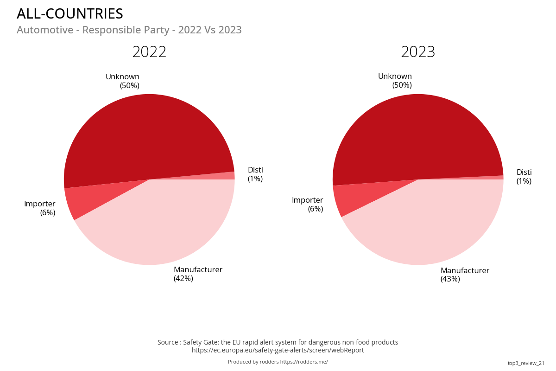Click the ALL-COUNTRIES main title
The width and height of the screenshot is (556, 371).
[70, 14]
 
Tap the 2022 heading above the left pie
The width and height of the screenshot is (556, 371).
[149, 52]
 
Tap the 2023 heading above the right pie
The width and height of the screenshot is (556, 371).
[418, 52]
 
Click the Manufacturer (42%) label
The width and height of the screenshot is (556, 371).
[198, 274]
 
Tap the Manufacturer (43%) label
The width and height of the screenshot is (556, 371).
[465, 275]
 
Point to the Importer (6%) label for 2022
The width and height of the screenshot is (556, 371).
[40, 208]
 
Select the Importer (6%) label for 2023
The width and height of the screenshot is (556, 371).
[308, 205]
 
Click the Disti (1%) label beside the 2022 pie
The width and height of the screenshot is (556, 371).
[255, 174]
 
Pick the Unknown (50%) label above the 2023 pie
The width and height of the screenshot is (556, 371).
[395, 81]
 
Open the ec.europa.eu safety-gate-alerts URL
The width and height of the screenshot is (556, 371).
[278, 351]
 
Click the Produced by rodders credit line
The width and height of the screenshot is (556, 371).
[278, 362]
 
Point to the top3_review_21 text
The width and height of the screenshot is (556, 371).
[526, 363]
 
